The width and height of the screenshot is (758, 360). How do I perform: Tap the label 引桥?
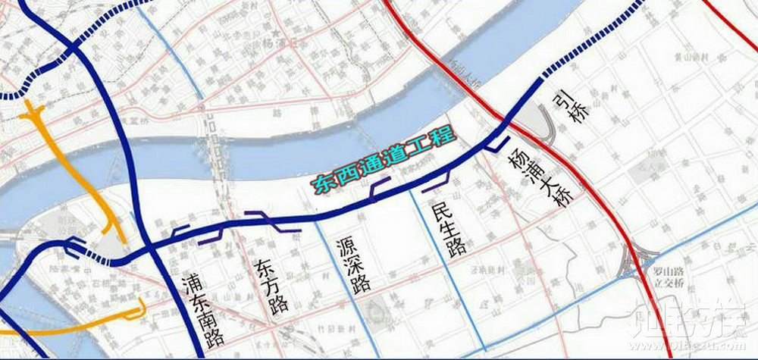tap(570, 108)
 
